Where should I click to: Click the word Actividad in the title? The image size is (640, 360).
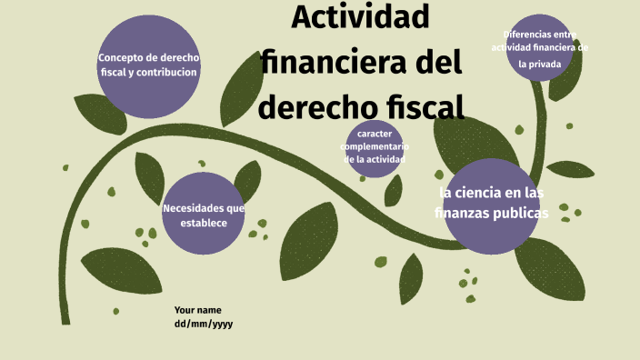coord(361,16)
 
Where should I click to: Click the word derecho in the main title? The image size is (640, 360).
coord(314,105)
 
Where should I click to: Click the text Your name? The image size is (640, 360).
coord(198,310)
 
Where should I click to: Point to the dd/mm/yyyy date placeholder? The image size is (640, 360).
coord(204,324)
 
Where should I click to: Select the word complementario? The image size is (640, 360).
coord(375,146)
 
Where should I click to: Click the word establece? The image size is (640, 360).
coord(204,223)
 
